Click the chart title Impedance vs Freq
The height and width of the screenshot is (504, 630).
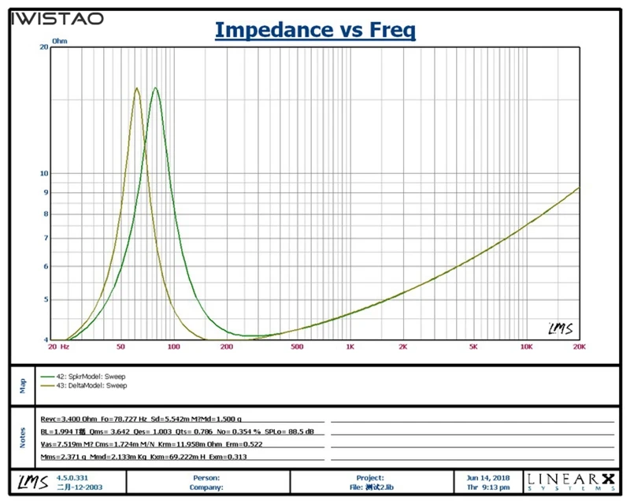coord(315,31)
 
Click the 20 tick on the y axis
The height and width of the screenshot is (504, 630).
coord(44,46)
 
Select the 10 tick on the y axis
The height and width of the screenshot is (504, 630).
coord(44,173)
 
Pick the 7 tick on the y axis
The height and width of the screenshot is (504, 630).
coord(46,238)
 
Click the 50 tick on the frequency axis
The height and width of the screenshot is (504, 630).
coord(120,346)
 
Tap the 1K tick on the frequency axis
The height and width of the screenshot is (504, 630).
coord(350,346)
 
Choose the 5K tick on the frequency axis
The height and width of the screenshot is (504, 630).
coord(473,346)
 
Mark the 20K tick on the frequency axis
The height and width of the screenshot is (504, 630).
coord(579,346)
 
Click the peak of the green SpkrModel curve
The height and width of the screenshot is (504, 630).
coord(155,88)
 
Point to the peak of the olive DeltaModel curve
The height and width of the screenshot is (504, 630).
coord(137,88)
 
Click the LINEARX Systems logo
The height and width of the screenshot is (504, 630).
coord(574,480)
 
